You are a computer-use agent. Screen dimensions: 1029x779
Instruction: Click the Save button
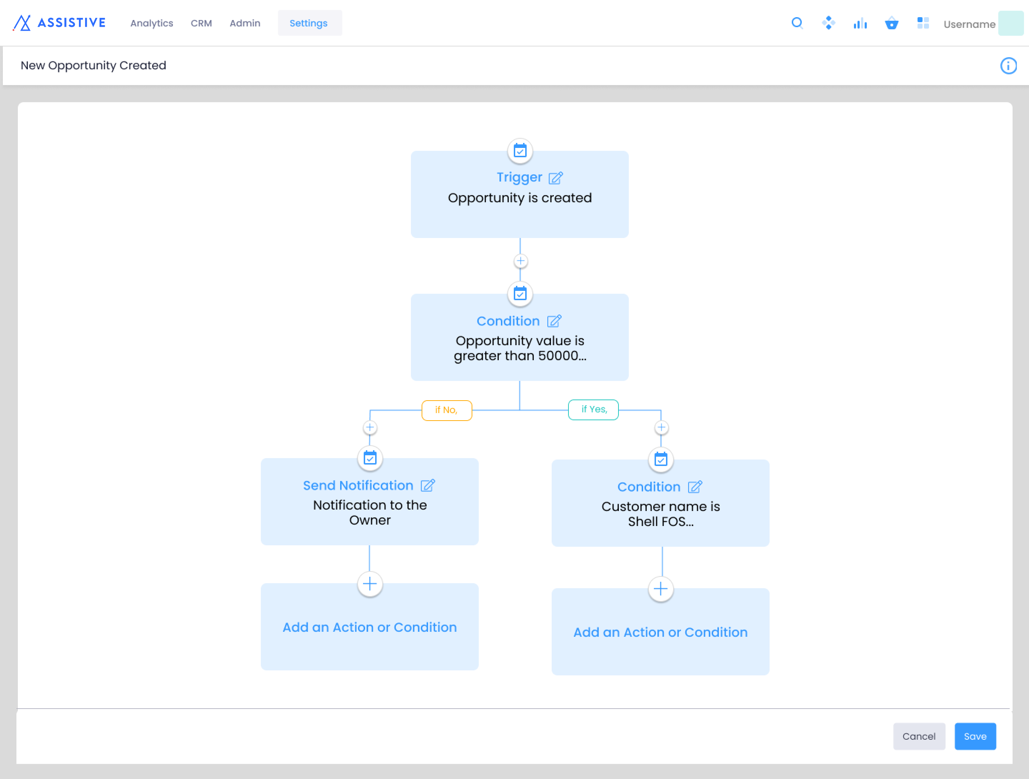[x=975, y=736]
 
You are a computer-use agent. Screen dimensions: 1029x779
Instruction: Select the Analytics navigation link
[x=151, y=23]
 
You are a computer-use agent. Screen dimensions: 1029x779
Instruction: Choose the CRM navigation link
[x=202, y=23]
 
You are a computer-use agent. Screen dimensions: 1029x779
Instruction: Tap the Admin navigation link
[x=245, y=23]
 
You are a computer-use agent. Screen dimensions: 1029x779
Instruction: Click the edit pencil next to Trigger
[x=556, y=177]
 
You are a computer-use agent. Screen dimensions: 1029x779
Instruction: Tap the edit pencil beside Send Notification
[x=428, y=485]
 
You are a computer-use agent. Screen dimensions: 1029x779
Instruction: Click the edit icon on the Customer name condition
[x=695, y=487]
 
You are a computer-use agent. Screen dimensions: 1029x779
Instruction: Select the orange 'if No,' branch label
[x=447, y=410]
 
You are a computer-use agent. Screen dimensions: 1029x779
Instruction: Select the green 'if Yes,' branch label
[x=593, y=410]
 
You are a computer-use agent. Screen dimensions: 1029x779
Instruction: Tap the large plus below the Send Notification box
[x=370, y=584]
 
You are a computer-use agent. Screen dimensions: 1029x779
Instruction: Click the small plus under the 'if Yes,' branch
[x=661, y=427]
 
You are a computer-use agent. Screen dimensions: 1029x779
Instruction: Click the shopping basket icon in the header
[x=891, y=23]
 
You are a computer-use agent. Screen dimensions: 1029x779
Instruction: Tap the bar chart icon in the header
[x=860, y=23]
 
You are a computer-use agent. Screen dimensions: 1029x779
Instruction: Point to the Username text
[x=969, y=24]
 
